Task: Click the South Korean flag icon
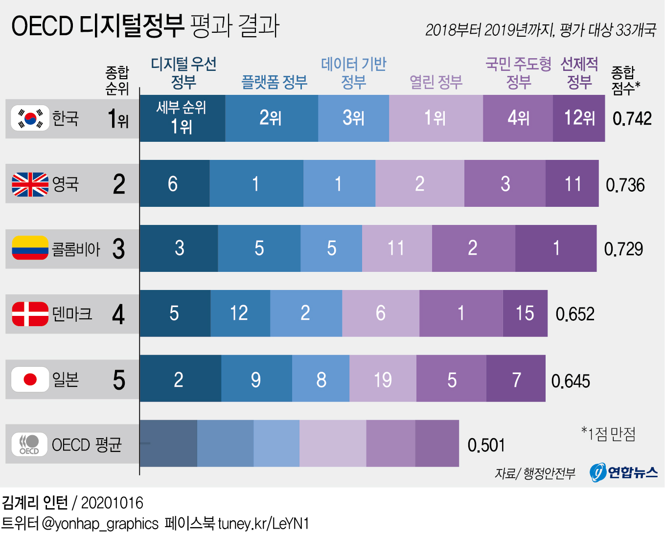pos(30,118)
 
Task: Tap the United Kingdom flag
pos(30,184)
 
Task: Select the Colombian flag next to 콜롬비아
pos(30,248)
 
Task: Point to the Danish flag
pos(30,313)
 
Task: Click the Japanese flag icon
pos(30,379)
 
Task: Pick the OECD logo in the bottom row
pos(29,444)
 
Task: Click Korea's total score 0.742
pos(632,119)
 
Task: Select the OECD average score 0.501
pos(486,445)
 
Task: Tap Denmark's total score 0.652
pos(575,314)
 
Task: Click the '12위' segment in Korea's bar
pos(579,118)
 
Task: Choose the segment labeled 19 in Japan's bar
pos(383,379)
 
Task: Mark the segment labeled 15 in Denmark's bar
pos(525,313)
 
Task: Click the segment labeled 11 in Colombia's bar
pos(396,248)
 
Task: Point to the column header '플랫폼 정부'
pos(275,82)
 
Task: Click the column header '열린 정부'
pos(436,82)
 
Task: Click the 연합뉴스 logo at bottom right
pos(623,472)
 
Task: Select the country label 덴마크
pos(72,313)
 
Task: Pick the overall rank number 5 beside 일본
pos(119,380)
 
